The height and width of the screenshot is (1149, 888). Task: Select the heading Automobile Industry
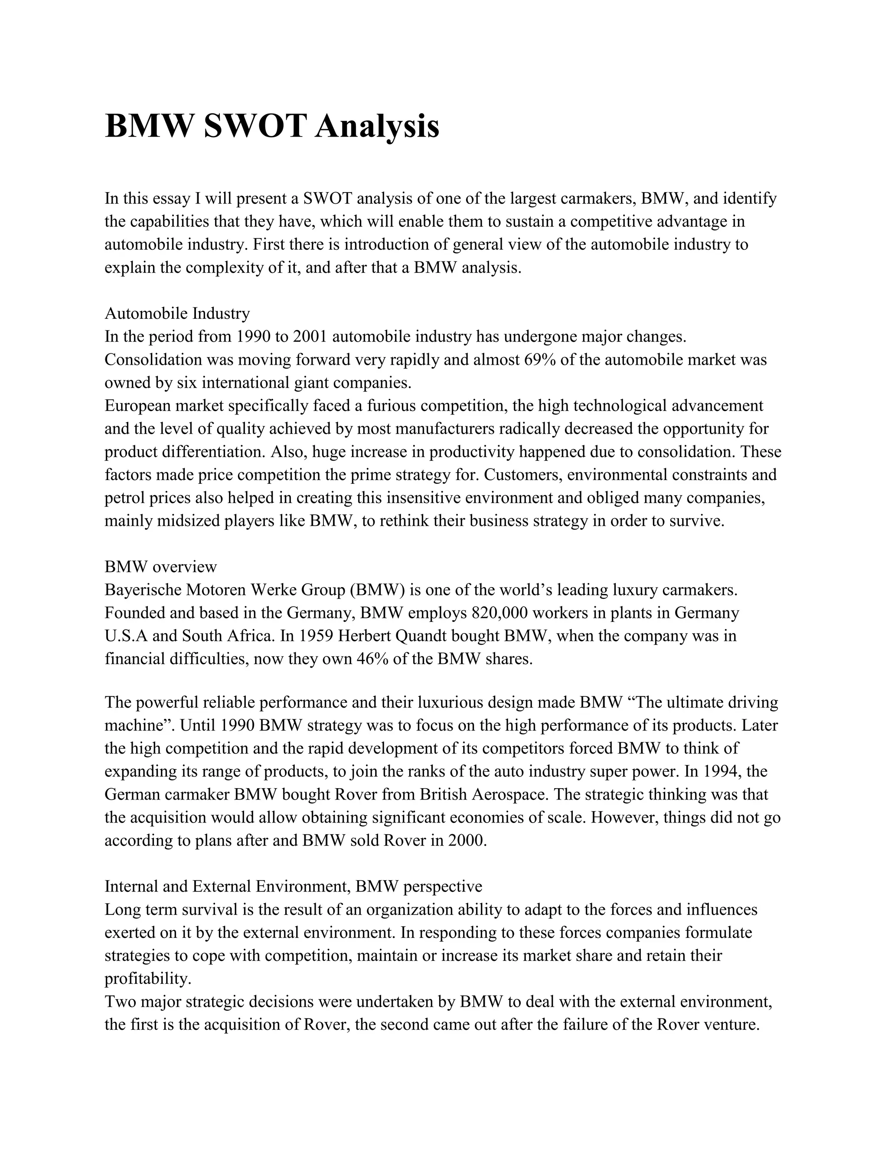[x=177, y=313]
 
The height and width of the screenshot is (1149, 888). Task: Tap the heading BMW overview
[x=160, y=567]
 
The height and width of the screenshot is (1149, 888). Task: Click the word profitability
[x=147, y=979]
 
